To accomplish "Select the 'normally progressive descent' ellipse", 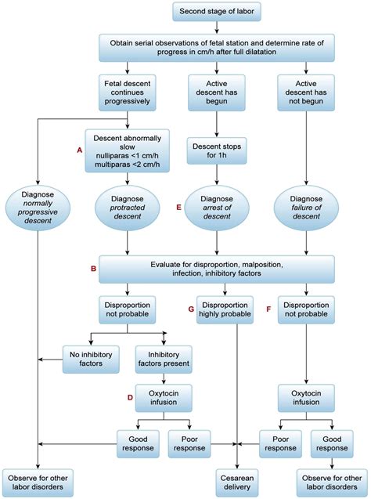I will tap(37, 210).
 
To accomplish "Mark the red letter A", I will tap(79, 149).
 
